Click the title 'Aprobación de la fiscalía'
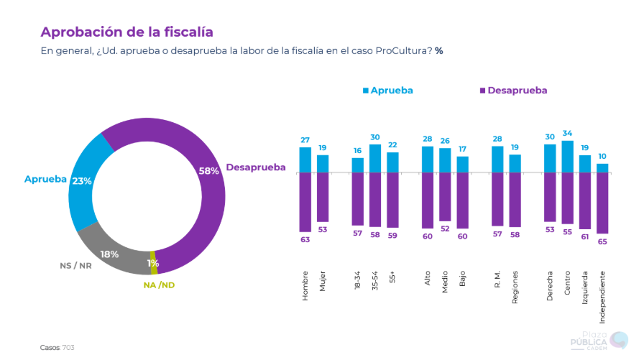[126, 32]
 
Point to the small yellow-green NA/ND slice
[153, 263]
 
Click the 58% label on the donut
[208, 171]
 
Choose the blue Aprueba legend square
[365, 91]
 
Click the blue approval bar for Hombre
[305, 160]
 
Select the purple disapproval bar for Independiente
[602, 203]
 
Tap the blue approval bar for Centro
[568, 157]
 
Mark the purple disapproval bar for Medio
[445, 197]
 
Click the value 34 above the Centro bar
[568, 133]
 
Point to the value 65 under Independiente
[602, 241]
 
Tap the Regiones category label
[515, 287]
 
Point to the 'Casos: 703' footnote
[57, 348]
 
